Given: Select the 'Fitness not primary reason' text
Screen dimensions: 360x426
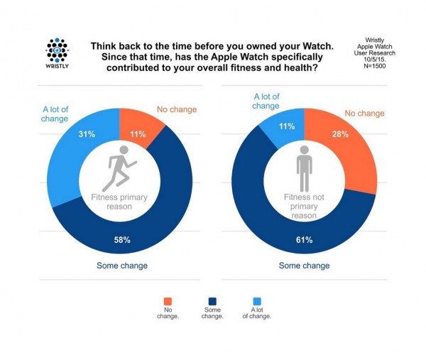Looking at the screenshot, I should (x=304, y=207).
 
